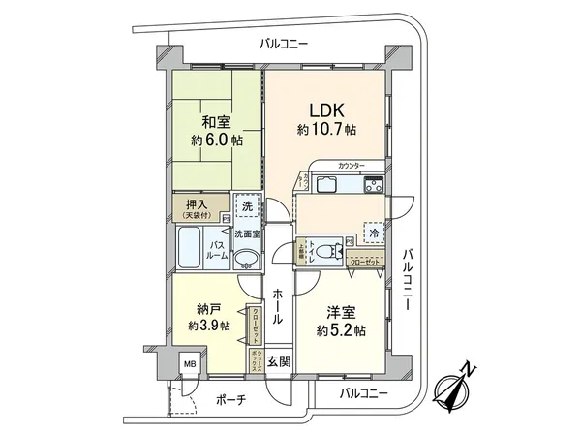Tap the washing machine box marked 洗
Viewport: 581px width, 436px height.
247,207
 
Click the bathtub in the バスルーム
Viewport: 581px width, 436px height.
190,249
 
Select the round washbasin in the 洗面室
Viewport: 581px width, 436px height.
247,257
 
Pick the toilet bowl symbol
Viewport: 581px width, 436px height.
330,248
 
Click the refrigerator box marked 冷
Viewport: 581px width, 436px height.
372,232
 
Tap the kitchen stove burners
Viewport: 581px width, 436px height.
372,185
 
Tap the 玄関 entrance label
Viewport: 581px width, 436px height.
278,360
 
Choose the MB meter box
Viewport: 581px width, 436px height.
191,365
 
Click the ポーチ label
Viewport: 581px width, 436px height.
229,399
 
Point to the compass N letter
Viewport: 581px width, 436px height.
469,367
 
